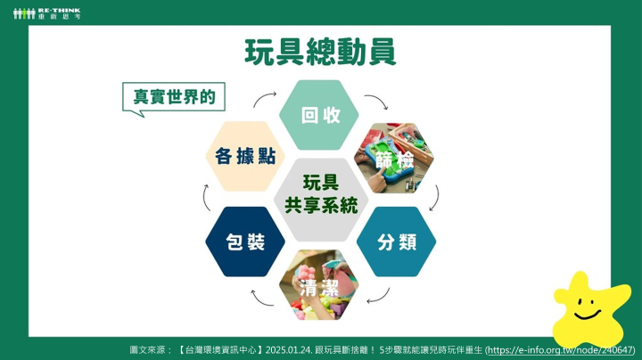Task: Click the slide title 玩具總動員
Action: pos(320,52)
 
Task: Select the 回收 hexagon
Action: pos(319,115)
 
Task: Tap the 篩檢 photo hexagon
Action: pos(394,158)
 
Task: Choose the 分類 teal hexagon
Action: pos(396,241)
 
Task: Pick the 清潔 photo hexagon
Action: pos(319,285)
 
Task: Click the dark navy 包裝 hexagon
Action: pos(245,241)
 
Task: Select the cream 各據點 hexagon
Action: pos(245,156)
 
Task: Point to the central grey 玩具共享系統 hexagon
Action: pos(321,200)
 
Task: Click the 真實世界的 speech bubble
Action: pos(174,97)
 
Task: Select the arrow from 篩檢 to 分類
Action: pos(437,200)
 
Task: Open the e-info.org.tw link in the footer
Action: pos(561,350)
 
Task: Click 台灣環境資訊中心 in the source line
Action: pos(221,350)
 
